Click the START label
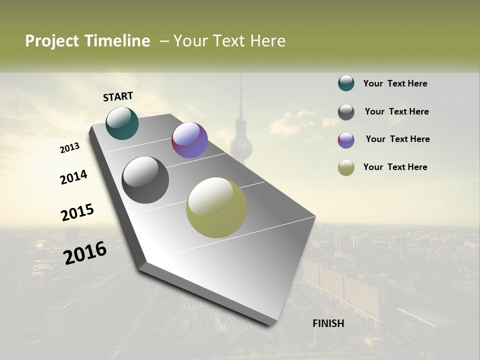[x=118, y=96]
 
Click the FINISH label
[x=328, y=323]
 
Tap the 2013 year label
[x=70, y=148]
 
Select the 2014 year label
[x=73, y=177]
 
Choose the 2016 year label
[x=85, y=252]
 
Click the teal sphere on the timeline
[x=122, y=123]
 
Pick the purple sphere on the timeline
[x=189, y=140]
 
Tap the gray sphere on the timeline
[x=145, y=180]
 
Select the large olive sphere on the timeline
[x=216, y=207]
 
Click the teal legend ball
[x=346, y=83]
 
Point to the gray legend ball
[x=346, y=112]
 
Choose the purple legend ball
[x=346, y=140]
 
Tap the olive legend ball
[x=346, y=168]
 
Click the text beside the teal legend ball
[x=395, y=83]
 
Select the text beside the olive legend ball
[x=395, y=167]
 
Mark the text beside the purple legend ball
[x=397, y=139]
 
